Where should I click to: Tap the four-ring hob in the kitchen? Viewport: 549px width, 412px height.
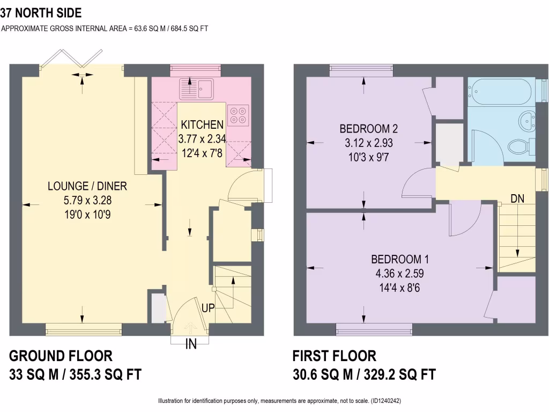[238, 113]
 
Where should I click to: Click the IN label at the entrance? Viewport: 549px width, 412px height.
[191, 344]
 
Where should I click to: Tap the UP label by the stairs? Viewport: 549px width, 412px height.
[209, 308]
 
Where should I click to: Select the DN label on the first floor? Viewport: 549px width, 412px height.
[517, 198]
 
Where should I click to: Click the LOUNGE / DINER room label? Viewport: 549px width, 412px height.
[87, 186]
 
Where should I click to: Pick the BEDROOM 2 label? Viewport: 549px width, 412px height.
[369, 129]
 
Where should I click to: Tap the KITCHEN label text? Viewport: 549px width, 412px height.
[201, 125]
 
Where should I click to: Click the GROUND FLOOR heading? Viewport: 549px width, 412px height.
[61, 356]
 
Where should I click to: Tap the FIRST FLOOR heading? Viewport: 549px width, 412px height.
[334, 356]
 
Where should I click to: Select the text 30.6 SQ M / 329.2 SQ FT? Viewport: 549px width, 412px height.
[364, 374]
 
